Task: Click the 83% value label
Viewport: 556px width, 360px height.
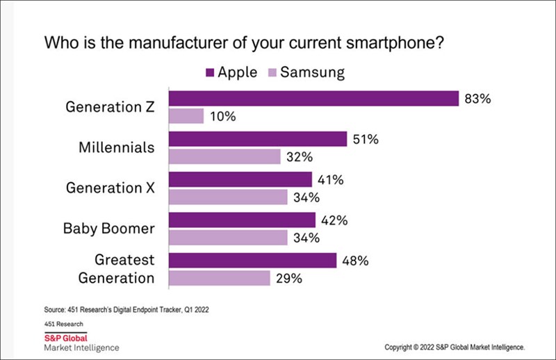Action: (x=477, y=99)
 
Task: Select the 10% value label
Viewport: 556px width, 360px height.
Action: (x=222, y=116)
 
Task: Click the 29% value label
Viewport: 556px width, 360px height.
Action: (x=289, y=278)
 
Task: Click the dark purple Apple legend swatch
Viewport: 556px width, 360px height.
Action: (x=208, y=72)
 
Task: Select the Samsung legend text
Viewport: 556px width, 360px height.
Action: (x=315, y=72)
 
